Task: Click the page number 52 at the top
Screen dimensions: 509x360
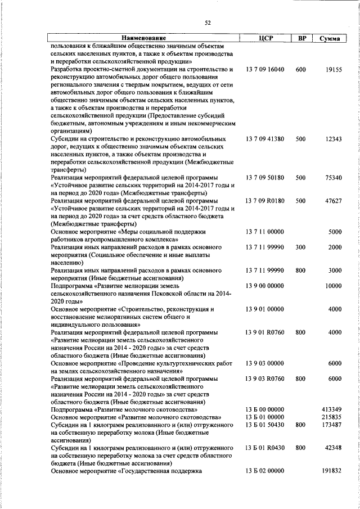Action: pyautogui.click(x=208, y=22)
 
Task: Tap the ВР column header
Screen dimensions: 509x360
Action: pyautogui.click(x=301, y=38)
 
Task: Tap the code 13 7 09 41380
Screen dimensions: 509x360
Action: pyautogui.click(x=265, y=138)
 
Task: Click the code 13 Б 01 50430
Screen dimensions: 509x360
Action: pyautogui.click(x=265, y=425)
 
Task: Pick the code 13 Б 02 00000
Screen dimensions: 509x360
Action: pyautogui.click(x=265, y=471)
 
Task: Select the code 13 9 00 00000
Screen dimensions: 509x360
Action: pyautogui.click(x=265, y=286)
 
